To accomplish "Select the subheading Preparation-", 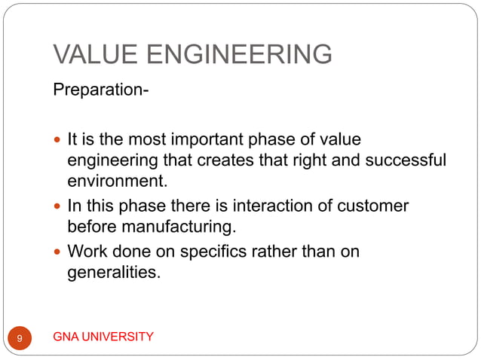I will (101, 92).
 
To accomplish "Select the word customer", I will (367, 206).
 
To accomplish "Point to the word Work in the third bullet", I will (87, 251).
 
